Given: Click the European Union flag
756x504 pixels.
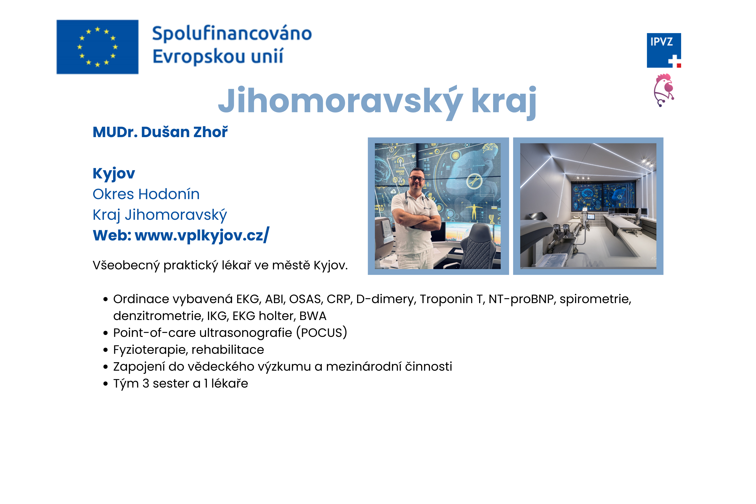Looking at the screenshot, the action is [97, 47].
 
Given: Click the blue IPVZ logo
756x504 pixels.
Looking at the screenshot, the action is [664, 50].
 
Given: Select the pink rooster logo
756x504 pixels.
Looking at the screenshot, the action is [664, 90].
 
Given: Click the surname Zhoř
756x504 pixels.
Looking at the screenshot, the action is [210, 132].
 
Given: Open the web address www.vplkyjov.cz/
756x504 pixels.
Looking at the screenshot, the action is [202, 235].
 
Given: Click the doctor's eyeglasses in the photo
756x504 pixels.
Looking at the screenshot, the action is [417, 178].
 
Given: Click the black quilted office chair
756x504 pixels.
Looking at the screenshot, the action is [479, 247].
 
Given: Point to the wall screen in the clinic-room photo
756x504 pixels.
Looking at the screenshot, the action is [603, 196].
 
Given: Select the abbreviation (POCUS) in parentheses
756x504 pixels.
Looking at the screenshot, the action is [322, 333].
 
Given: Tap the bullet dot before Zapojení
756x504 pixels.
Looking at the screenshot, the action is [105, 367].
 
